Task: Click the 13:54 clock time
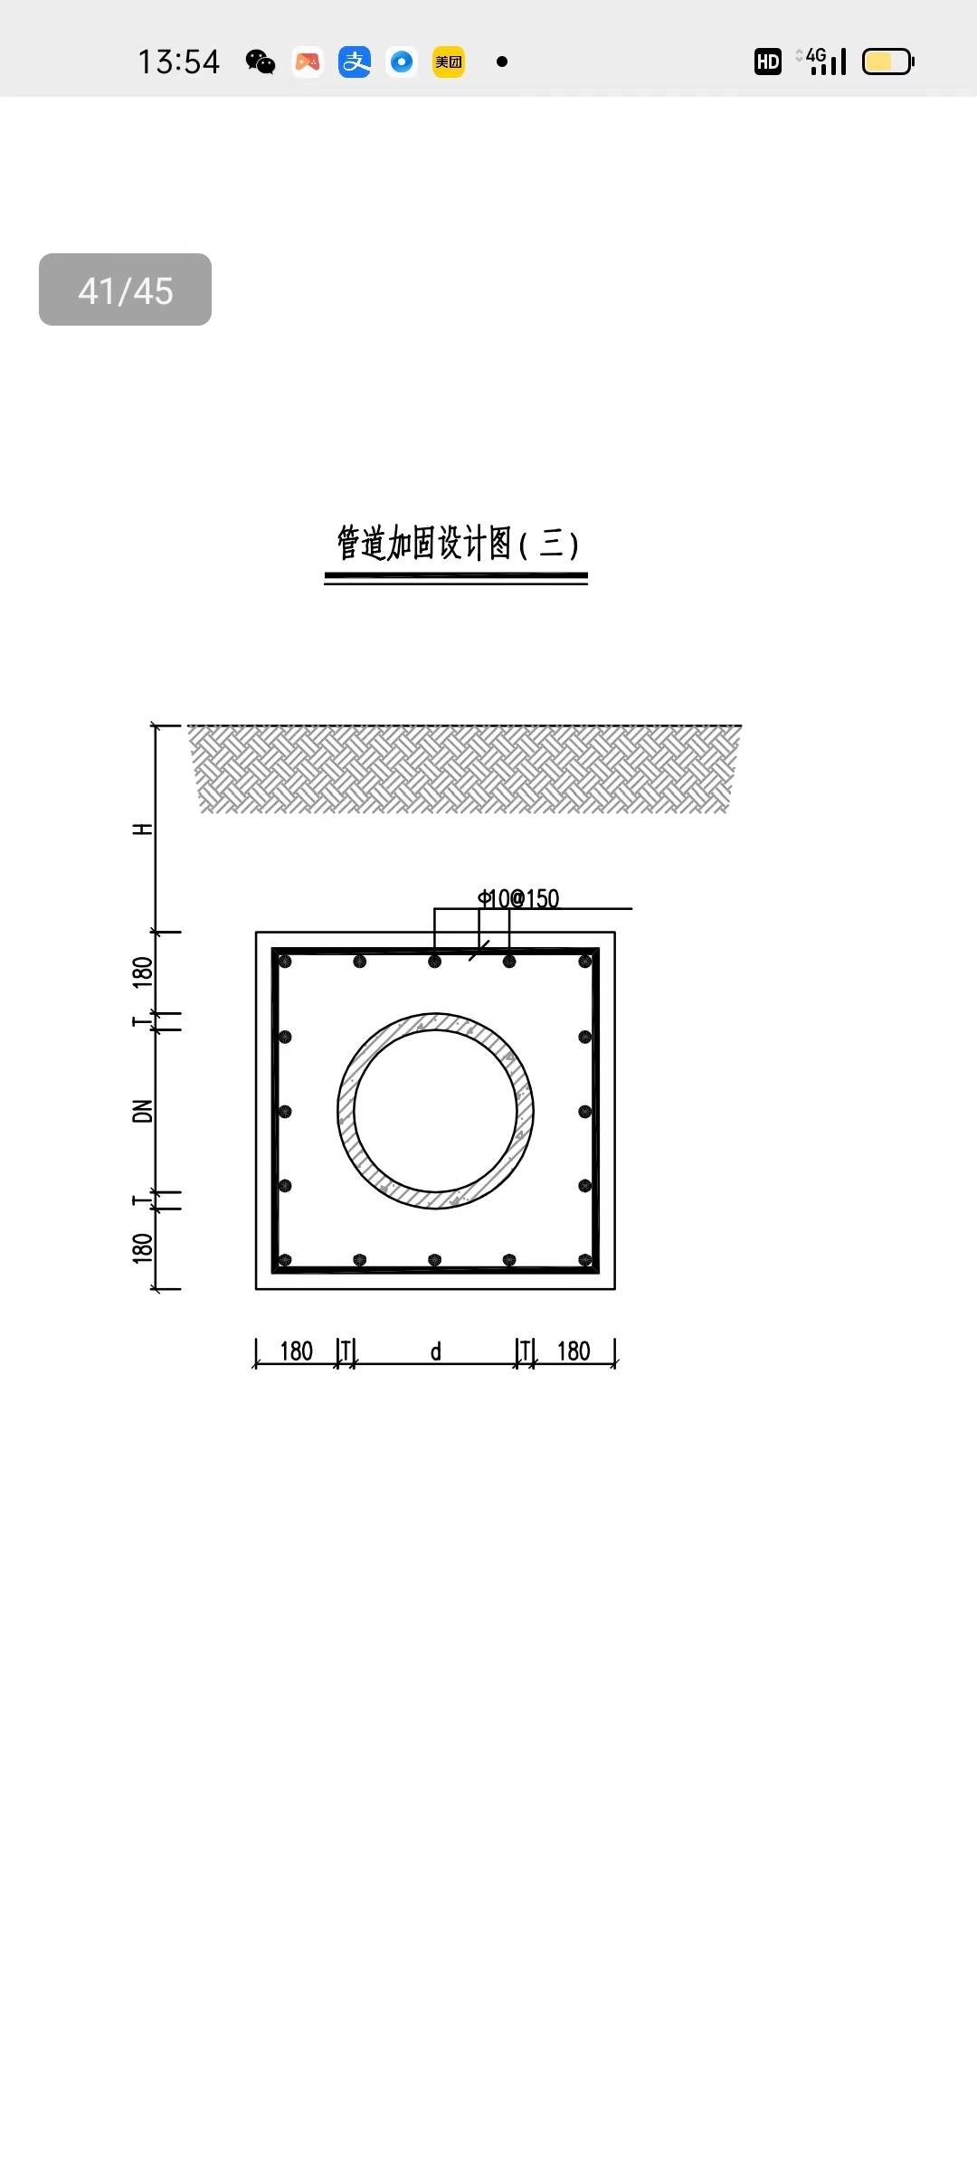[x=179, y=62]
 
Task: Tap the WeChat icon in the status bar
[x=261, y=62]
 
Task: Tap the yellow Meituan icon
[x=449, y=62]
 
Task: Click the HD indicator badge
[x=768, y=62]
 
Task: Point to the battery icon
[x=888, y=62]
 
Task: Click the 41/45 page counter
[x=125, y=289]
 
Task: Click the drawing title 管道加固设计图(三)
[x=457, y=543]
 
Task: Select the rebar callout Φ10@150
[x=519, y=898]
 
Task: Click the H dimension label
[x=143, y=830]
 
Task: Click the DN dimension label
[x=143, y=1111]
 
